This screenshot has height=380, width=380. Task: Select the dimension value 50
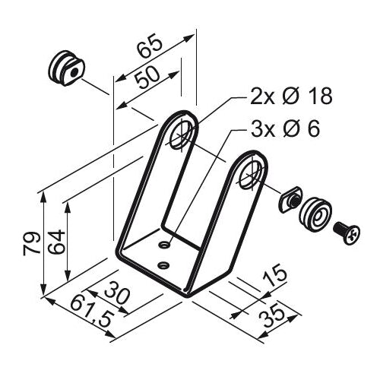point(146,78)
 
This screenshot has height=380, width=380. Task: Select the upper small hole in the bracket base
point(166,245)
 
